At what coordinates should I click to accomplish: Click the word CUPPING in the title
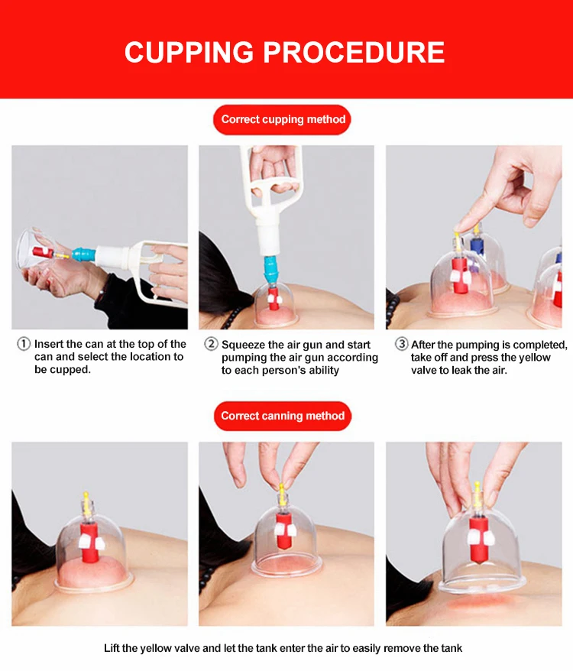(x=189, y=53)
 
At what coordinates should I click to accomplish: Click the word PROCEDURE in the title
(x=354, y=53)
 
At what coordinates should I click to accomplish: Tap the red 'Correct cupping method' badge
(x=282, y=119)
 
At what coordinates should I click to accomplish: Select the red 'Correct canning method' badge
(x=283, y=416)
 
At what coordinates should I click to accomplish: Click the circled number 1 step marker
(x=24, y=344)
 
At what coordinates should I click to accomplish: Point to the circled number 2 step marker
(x=211, y=344)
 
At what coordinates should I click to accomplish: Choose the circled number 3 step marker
(x=401, y=344)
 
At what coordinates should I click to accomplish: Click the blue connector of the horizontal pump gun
(x=83, y=254)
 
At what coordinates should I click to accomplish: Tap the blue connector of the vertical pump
(x=271, y=270)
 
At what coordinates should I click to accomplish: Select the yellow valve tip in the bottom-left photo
(x=87, y=497)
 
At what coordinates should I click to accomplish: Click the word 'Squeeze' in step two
(x=243, y=345)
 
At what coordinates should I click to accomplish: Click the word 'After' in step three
(x=422, y=345)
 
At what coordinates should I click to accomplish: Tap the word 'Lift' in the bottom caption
(x=111, y=648)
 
